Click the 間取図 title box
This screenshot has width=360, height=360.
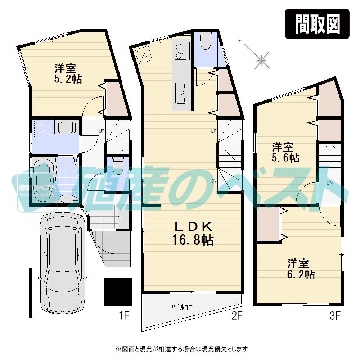pyautogui.click(x=317, y=24)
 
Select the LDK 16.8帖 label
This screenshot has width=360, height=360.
pyautogui.click(x=194, y=233)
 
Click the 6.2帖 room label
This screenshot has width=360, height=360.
pyautogui.click(x=301, y=269)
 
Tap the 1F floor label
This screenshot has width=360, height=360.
pyautogui.click(x=124, y=316)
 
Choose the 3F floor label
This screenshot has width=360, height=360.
pyautogui.click(x=335, y=316)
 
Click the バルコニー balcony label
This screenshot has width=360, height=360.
pyautogui.click(x=184, y=307)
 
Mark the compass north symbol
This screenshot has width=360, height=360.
pyautogui.click(x=261, y=59)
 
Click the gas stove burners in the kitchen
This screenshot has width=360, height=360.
pyautogui.click(x=180, y=51)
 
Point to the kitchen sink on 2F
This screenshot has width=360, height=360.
pyautogui.click(x=180, y=93)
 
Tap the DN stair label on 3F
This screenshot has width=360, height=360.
pyautogui.click(x=329, y=183)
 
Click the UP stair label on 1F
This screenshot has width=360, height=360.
pyautogui.click(x=102, y=131)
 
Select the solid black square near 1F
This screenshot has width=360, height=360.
pyautogui.click(x=118, y=292)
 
